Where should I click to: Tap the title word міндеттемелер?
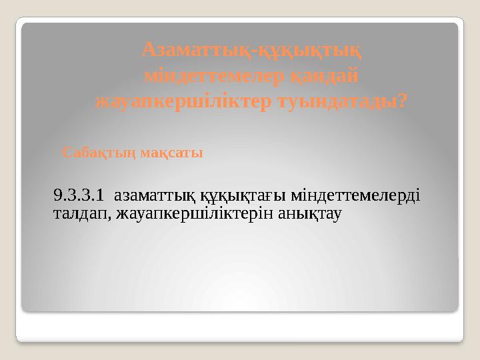coord(214,75)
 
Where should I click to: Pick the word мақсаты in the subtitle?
coord(171,153)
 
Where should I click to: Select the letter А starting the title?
coord(150,49)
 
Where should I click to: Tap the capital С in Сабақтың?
coord(66,153)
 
